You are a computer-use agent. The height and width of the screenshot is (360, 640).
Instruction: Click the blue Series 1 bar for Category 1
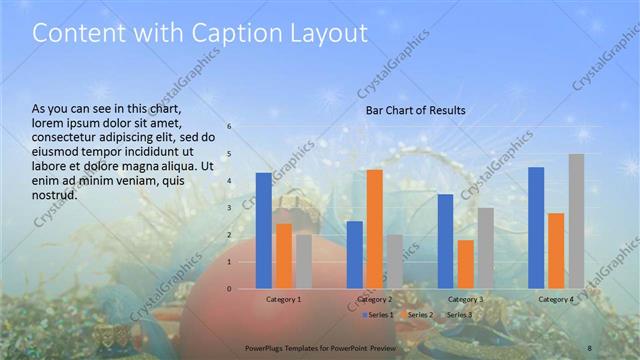click(x=263, y=231)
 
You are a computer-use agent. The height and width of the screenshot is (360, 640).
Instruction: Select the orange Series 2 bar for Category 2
click(x=374, y=229)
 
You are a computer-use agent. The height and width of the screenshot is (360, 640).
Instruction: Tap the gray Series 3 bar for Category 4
click(x=577, y=221)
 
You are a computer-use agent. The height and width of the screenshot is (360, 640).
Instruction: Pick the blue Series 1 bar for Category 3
click(x=445, y=241)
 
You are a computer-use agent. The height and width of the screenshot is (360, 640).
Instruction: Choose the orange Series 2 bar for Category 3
click(x=465, y=264)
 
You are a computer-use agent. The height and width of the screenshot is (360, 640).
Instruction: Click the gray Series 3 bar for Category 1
click(x=303, y=261)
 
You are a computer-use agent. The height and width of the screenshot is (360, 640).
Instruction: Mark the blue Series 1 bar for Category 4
click(x=536, y=228)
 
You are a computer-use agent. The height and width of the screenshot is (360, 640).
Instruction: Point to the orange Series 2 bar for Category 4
click(x=556, y=251)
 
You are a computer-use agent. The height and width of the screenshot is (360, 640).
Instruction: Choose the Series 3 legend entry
click(x=459, y=315)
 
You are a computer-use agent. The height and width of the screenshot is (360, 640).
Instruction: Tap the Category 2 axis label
click(x=374, y=299)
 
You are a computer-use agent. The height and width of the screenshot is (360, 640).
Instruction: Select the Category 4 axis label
click(x=556, y=299)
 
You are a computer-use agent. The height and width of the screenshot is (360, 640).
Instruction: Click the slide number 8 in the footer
click(x=590, y=345)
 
